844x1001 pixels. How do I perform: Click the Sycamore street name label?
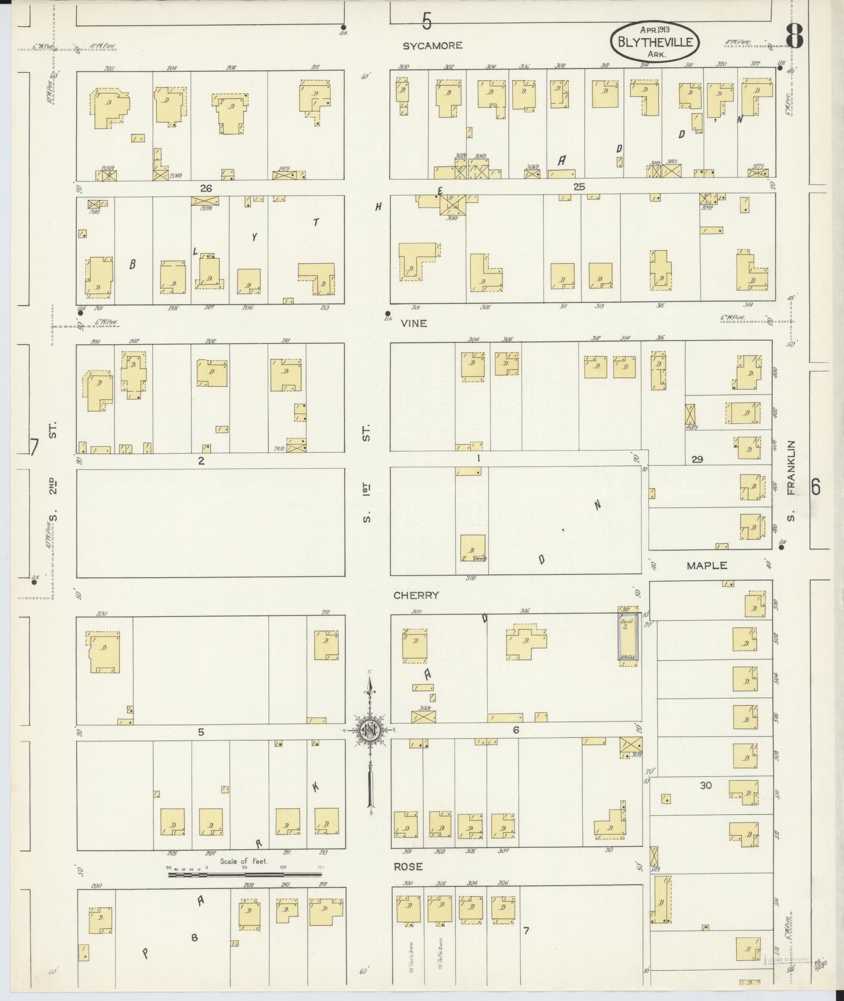(x=432, y=46)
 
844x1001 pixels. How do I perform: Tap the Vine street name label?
(x=414, y=323)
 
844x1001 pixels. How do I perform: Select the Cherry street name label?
(x=416, y=595)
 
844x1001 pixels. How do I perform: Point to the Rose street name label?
(x=408, y=867)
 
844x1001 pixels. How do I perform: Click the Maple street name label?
(x=707, y=565)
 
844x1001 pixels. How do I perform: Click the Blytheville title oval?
(x=655, y=42)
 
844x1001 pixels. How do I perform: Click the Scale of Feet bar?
(x=244, y=874)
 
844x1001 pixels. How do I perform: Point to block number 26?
(x=206, y=188)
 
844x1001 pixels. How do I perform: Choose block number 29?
(x=697, y=459)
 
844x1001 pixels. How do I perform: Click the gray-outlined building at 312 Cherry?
(x=628, y=636)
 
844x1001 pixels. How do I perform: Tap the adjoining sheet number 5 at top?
(x=427, y=22)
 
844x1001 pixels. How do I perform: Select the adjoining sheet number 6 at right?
(x=815, y=487)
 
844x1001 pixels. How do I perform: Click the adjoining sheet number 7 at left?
(x=35, y=447)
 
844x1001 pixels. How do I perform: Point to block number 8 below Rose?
(x=194, y=938)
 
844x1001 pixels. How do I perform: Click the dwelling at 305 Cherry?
(x=472, y=548)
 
